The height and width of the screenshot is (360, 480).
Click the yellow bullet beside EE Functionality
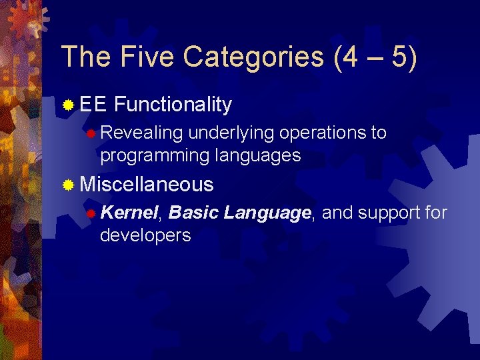point(68,105)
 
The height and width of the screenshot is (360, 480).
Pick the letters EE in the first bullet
point(93,105)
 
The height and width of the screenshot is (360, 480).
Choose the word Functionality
point(173,105)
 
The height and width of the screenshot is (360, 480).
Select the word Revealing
point(141,133)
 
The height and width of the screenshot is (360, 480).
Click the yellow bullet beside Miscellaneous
point(68,185)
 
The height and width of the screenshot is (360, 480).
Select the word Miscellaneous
point(147,184)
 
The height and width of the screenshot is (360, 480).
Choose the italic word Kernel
point(130,213)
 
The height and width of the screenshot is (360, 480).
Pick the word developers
point(145,235)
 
